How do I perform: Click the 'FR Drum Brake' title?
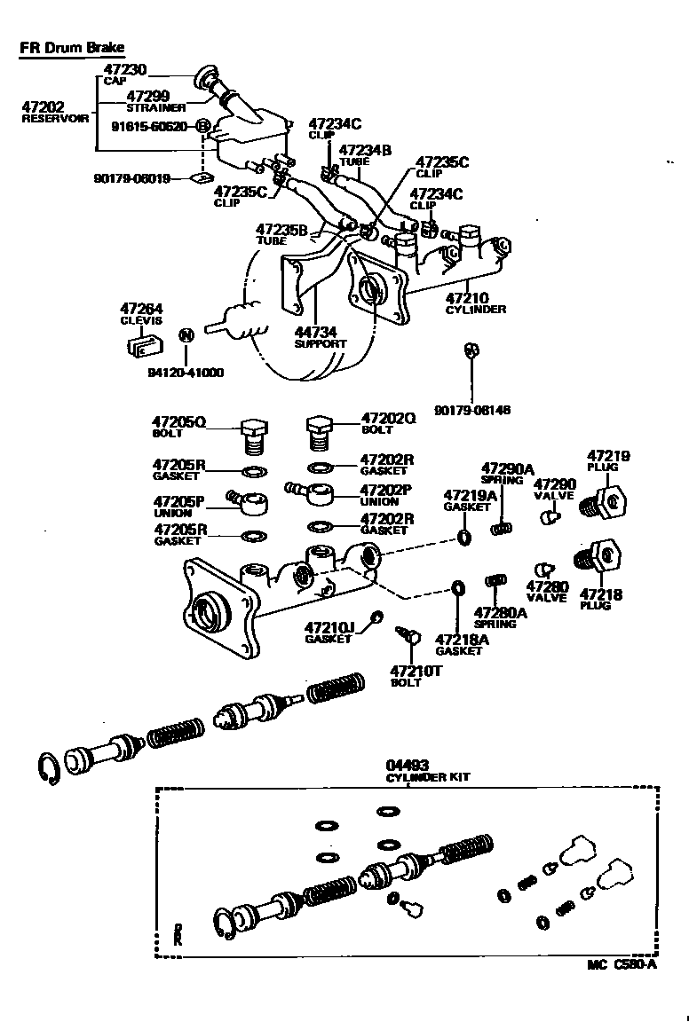[72, 47]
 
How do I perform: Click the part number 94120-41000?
[186, 373]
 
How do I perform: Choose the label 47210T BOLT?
[417, 676]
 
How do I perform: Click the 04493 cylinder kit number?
[407, 765]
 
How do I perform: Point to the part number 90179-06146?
[471, 410]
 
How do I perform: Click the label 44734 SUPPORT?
[320, 337]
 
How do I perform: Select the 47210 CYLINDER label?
[475, 303]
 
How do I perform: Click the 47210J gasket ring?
[376, 617]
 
